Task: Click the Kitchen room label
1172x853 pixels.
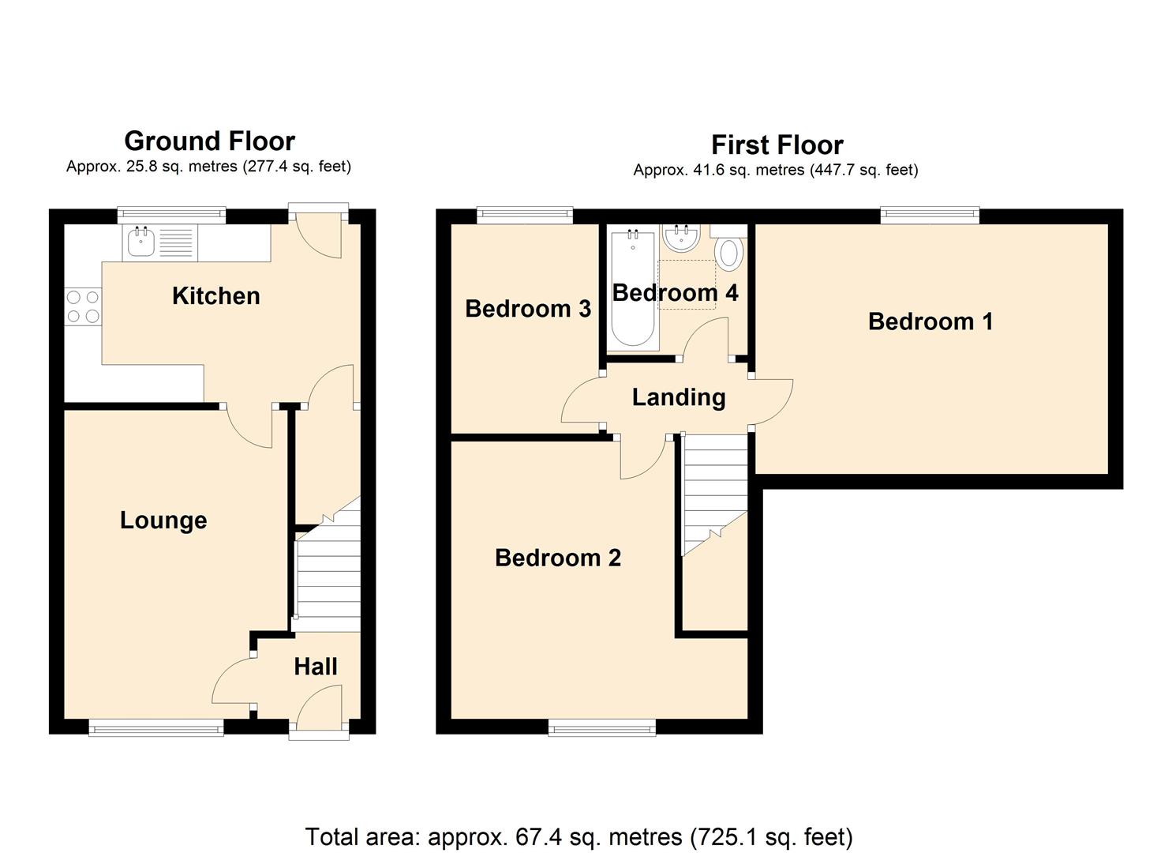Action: point(215,296)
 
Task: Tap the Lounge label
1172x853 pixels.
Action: point(163,520)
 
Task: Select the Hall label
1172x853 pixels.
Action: point(316,667)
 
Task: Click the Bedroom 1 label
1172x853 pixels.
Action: point(930,321)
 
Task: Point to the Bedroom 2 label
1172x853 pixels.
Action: point(557,558)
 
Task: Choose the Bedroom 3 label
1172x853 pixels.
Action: point(527,309)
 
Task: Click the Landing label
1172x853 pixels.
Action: point(679,397)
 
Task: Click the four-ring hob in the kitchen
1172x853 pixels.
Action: point(83,306)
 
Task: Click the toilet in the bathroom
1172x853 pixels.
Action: point(729,252)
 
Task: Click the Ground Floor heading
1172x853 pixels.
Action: point(209,141)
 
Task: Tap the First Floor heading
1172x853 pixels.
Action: point(777,145)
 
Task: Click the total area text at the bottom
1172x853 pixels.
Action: point(579,836)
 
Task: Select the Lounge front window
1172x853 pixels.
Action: point(156,728)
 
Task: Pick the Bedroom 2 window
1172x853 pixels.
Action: point(602,727)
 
